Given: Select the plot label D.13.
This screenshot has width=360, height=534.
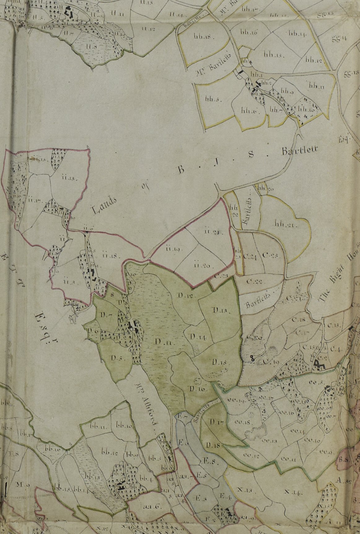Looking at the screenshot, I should (x=220, y=310).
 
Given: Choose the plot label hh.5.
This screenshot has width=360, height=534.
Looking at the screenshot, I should (x=212, y=99).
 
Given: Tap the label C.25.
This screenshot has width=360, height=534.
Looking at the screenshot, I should (x=270, y=256).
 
